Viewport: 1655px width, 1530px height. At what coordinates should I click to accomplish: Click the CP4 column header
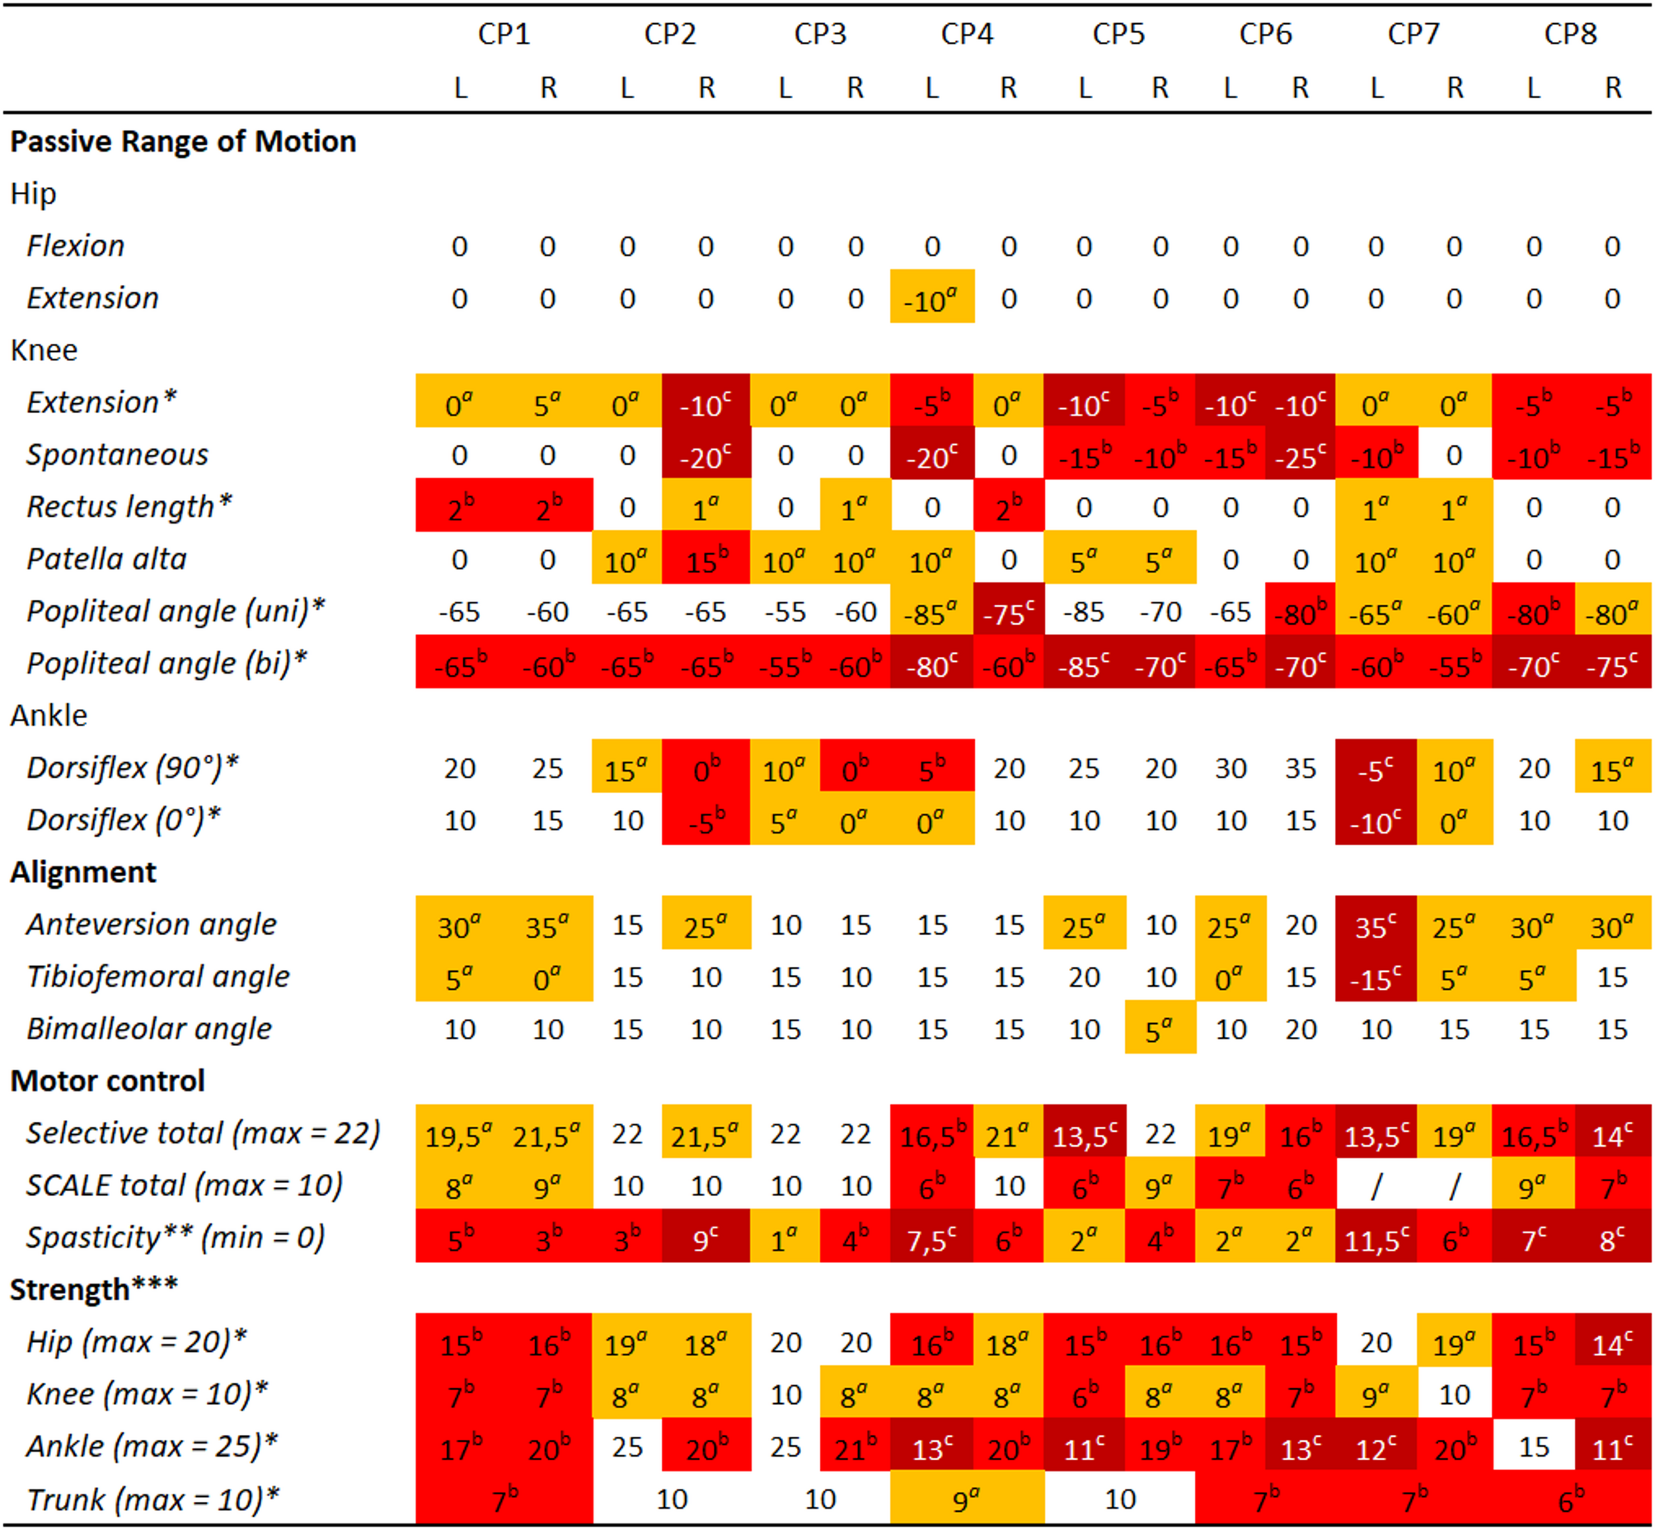click(x=966, y=34)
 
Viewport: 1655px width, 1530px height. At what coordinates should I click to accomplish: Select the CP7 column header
click(x=1414, y=34)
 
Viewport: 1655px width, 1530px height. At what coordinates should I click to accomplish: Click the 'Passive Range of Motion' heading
click(x=183, y=142)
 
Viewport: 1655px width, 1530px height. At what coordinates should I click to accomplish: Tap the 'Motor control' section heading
click(x=108, y=1081)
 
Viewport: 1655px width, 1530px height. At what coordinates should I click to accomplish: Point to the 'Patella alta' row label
click(x=107, y=559)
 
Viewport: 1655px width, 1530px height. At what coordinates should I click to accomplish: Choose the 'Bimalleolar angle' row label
click(x=149, y=1028)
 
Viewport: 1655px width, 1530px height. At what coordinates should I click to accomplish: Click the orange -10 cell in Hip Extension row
click(x=931, y=298)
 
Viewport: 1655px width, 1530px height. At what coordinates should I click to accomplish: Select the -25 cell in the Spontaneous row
click(x=1300, y=455)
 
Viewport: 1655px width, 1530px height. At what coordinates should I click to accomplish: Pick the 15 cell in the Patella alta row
click(x=706, y=560)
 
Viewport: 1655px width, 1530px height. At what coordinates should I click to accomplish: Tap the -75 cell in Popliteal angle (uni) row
click(x=1007, y=612)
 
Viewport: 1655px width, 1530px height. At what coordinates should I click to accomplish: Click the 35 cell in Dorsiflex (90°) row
click(x=1300, y=768)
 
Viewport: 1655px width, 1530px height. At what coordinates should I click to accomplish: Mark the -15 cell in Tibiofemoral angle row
click(x=1375, y=977)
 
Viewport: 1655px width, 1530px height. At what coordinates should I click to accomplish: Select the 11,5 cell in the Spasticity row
click(x=1375, y=1237)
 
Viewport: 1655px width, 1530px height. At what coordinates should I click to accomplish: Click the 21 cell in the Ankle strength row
click(x=855, y=1448)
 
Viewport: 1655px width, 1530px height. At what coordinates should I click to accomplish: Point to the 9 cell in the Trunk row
click(x=965, y=1499)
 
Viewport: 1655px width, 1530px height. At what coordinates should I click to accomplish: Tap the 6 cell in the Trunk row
click(x=1571, y=1499)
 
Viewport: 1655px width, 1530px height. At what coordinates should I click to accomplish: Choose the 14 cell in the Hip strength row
click(x=1612, y=1343)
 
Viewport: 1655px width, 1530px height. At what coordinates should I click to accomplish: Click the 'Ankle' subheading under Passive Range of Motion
click(x=49, y=716)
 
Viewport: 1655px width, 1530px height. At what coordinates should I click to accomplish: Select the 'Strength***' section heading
click(x=94, y=1289)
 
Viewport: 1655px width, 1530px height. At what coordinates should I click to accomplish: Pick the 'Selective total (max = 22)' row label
click(x=203, y=1133)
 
